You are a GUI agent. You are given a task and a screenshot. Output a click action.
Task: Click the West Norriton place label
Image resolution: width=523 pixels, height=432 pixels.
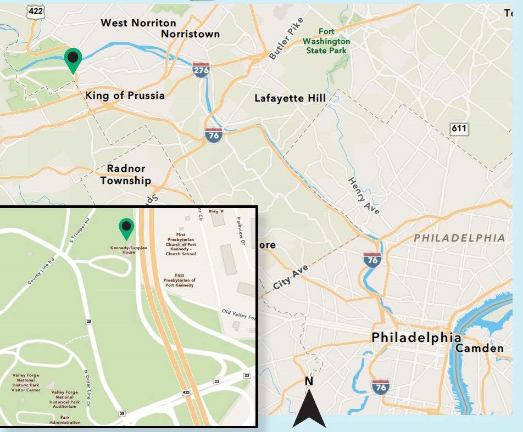pos(138,23)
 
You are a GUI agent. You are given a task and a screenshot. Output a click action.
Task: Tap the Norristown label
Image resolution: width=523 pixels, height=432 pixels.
pos(190,34)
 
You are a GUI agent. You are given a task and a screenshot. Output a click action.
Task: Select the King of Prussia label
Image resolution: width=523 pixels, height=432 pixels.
pos(125,96)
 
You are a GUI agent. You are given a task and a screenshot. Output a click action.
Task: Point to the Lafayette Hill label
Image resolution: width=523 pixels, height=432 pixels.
pos(290,98)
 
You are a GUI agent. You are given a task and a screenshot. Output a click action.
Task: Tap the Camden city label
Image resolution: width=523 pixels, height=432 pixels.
pos(479,349)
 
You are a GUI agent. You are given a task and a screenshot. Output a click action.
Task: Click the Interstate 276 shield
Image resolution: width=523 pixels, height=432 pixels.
pos(201,70)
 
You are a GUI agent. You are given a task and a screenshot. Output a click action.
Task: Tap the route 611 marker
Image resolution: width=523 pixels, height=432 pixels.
pos(459,129)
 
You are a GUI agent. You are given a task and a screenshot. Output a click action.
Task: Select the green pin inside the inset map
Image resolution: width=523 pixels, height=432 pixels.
pos(126,228)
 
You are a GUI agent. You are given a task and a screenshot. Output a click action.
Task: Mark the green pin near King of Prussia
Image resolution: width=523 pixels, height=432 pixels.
pos(73,59)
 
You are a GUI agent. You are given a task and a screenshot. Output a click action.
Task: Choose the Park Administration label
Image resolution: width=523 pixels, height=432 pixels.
pos(65,419)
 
